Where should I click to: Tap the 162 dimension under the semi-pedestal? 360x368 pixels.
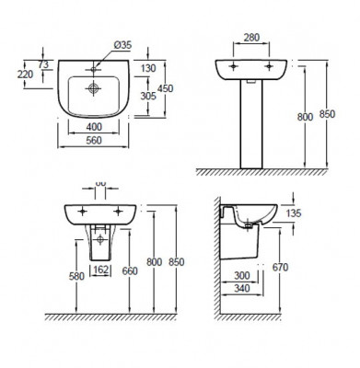[101, 270]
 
